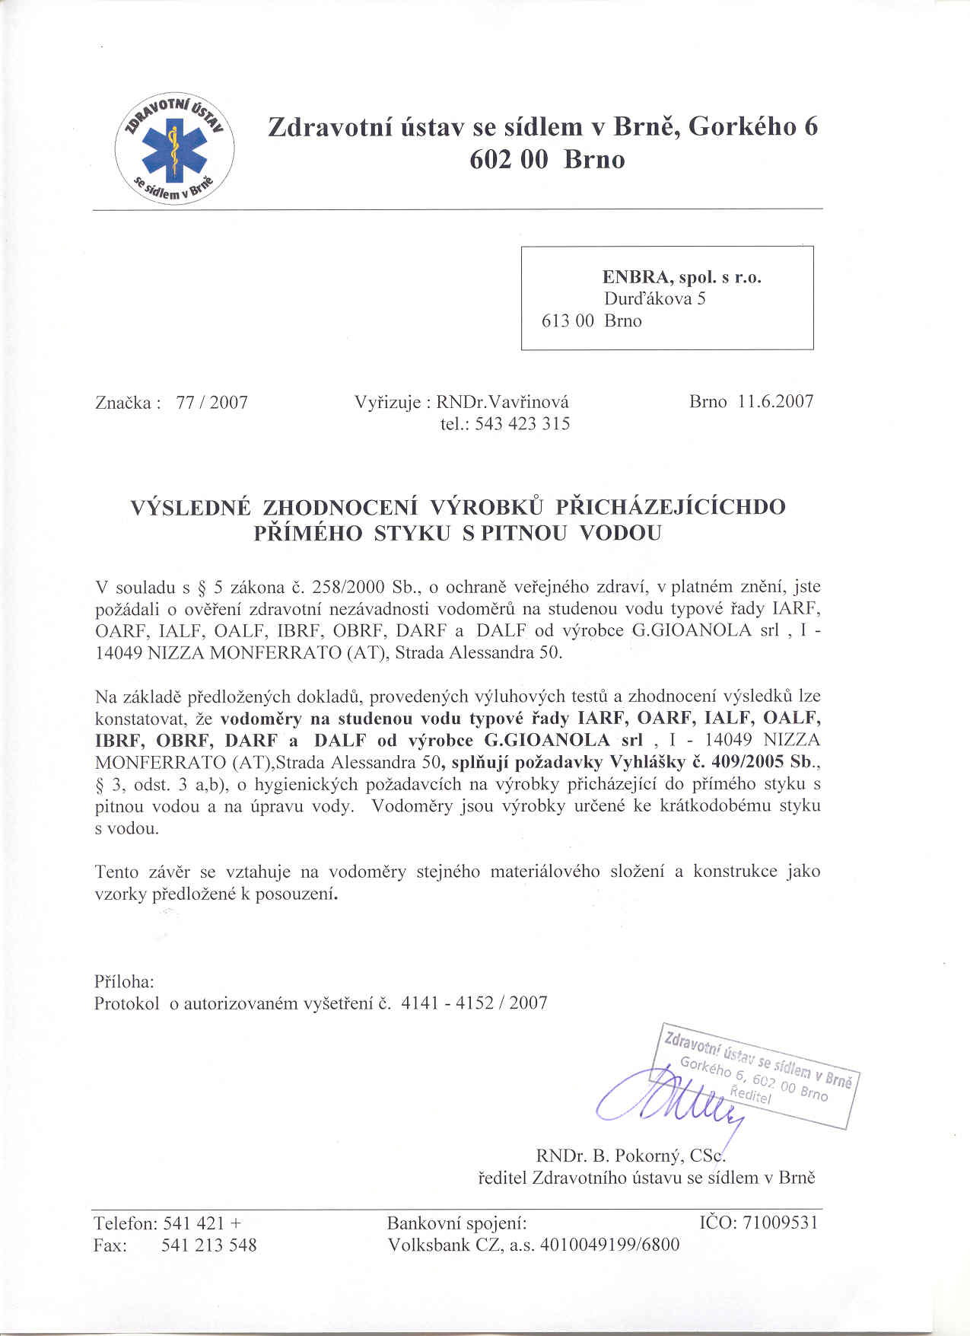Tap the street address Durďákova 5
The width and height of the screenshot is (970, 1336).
pyautogui.click(x=655, y=298)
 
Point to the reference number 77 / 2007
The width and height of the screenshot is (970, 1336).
pyautogui.click(x=211, y=403)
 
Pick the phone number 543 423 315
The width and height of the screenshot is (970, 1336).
pyautogui.click(x=522, y=424)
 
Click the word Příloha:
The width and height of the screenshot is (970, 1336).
pyautogui.click(x=125, y=980)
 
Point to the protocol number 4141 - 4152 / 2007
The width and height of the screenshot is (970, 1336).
pyautogui.click(x=473, y=1003)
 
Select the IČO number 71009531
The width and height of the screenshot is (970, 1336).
pyautogui.click(x=786, y=1223)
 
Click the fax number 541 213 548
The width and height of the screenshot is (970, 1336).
pyautogui.click(x=210, y=1245)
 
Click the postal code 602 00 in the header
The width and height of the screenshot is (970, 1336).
pyautogui.click(x=508, y=160)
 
